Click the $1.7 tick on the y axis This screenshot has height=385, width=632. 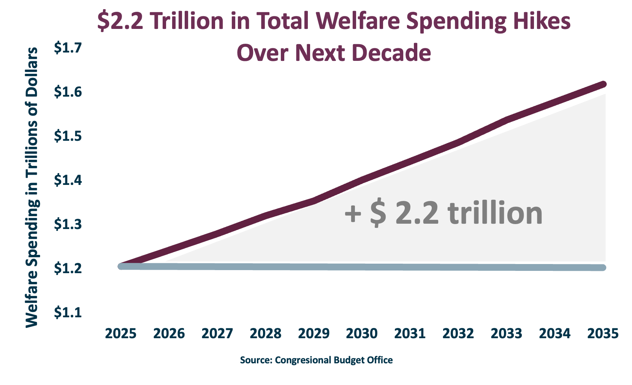[x=68, y=48]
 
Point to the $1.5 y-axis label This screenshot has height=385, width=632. [x=68, y=136]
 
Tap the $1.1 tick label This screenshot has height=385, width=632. [x=68, y=312]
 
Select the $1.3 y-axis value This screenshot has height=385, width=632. [x=68, y=224]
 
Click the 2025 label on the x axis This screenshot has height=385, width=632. [x=120, y=334]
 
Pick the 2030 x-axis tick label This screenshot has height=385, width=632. [x=361, y=334]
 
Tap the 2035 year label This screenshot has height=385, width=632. [x=603, y=334]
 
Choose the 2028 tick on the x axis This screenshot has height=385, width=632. [x=265, y=334]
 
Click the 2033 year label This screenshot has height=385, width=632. [x=506, y=334]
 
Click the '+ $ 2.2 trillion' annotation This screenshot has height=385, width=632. [x=443, y=213]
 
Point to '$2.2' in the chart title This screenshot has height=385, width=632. [x=120, y=21]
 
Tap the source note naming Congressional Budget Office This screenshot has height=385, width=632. [x=316, y=360]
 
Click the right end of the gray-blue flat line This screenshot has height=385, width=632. [x=603, y=267]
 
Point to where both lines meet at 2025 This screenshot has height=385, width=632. [x=121, y=266]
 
